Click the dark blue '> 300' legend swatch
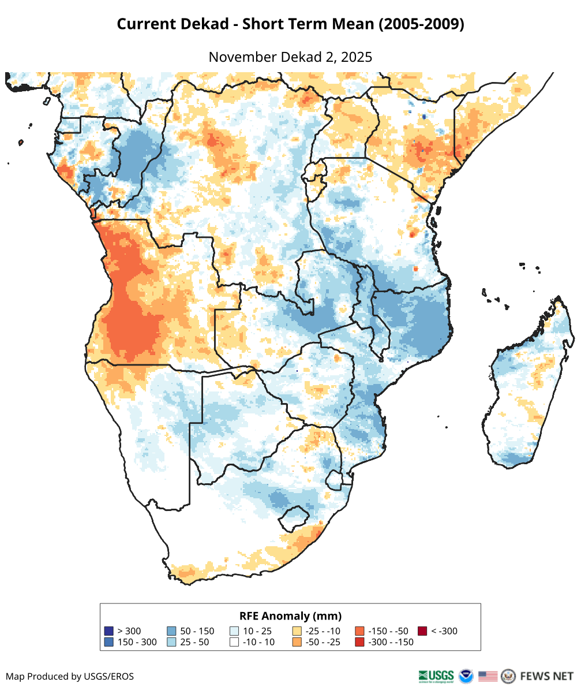coord(109,631)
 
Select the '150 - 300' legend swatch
coord(109,642)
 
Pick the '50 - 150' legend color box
coord(171,631)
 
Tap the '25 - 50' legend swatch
coord(171,642)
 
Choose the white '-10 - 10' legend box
coord(234,642)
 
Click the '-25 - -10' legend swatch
coord(297,631)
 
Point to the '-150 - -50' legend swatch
coord(359,631)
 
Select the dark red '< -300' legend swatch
coord(422,631)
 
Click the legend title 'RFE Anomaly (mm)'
coord(290,616)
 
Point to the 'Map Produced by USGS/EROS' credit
coord(70,676)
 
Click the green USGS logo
coord(436,676)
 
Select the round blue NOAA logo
coord(466,676)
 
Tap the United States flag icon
coord(488,676)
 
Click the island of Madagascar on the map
coord(525,393)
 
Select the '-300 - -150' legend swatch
coord(359,642)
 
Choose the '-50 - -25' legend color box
coord(297,642)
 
